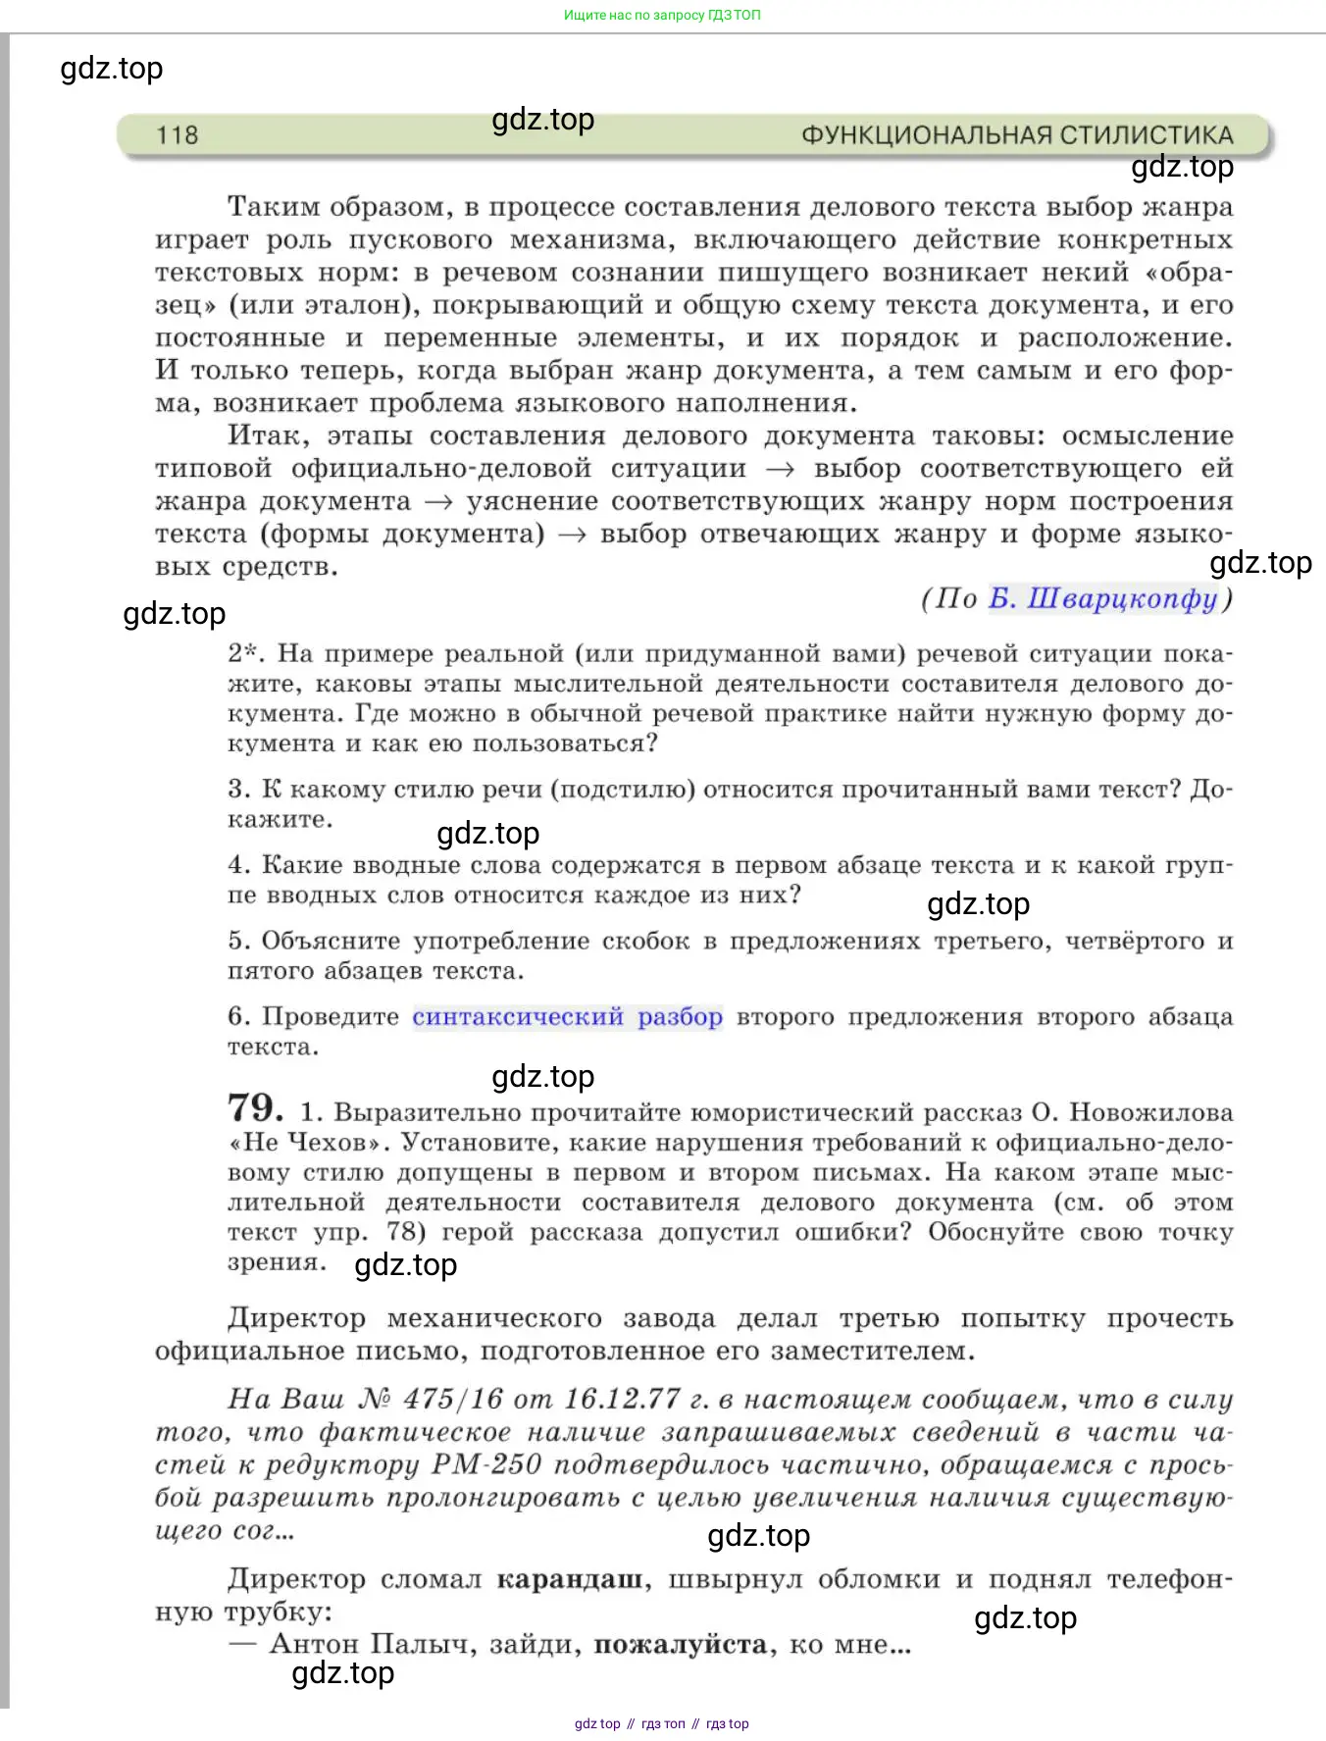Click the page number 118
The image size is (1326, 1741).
coord(177,135)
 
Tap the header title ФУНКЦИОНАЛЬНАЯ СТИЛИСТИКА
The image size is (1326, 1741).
coord(1016,135)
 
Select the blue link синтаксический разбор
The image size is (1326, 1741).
coord(567,1017)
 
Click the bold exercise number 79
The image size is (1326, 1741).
coord(255,1108)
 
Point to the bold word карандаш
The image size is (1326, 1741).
coord(570,1579)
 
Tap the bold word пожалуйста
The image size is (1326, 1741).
coord(680,1644)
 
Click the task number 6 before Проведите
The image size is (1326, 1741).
coord(238,1017)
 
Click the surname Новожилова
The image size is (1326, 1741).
coord(1150,1112)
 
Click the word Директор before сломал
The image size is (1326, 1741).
coord(296,1579)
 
